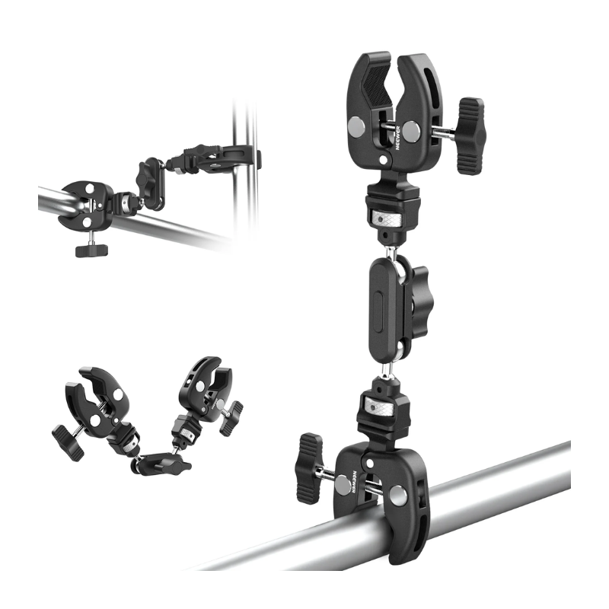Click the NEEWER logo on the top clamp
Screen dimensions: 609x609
tap(397, 138)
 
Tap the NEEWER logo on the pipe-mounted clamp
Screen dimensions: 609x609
tap(354, 482)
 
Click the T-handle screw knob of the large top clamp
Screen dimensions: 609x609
tap(470, 136)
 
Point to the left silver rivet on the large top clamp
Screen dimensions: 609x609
tap(356, 126)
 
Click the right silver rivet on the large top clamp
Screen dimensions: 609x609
tap(412, 131)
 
